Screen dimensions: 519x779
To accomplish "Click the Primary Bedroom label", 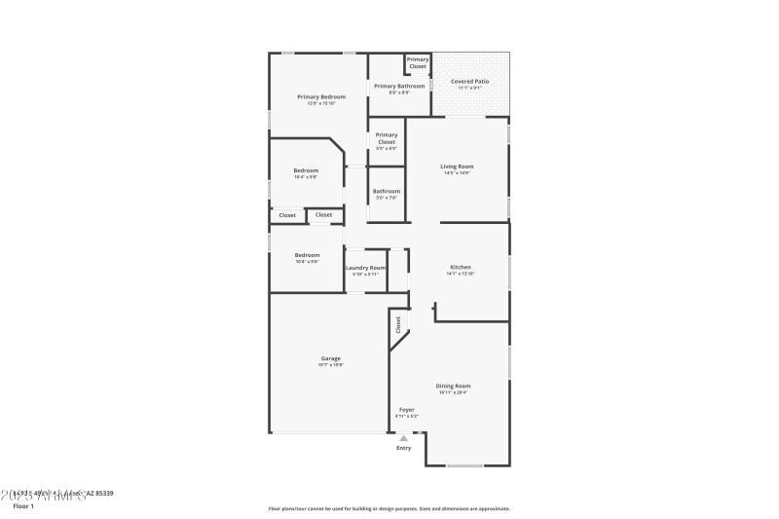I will pos(321,96).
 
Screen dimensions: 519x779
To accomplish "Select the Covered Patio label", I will pos(469,82).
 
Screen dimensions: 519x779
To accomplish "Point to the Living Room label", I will pos(457,167).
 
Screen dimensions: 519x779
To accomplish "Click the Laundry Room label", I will pos(365,267).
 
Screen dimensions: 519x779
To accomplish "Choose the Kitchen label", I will pos(461,267).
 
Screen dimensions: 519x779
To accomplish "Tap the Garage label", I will pos(331,358).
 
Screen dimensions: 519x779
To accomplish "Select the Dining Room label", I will pos(453,386).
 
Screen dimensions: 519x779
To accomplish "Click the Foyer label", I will pos(406,410).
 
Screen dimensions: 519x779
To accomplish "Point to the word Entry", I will pos(403,448).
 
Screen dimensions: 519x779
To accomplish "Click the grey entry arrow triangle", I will pos(403,438).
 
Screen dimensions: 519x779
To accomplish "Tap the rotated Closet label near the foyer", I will pos(398,325).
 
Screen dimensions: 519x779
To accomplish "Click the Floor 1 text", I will pos(22,506).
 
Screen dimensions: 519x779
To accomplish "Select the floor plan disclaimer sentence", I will pos(389,508).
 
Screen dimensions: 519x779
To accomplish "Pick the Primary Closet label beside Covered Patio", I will pos(417,62).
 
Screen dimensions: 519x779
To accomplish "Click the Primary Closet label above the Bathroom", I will pos(387,138).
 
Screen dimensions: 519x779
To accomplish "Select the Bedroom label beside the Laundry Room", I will pos(307,255).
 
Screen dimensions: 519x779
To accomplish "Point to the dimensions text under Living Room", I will pos(457,173).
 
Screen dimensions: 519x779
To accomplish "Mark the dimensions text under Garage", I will pos(331,365).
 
